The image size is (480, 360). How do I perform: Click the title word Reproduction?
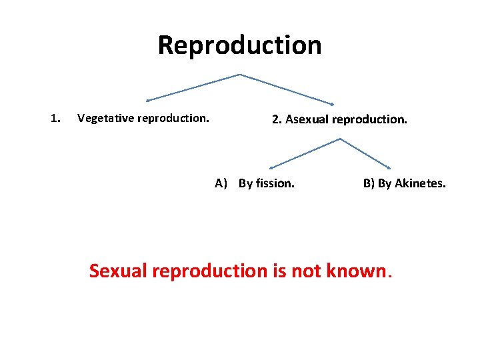[x=239, y=45]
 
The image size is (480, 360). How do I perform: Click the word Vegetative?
[x=103, y=119]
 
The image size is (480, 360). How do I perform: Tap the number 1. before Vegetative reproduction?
[x=56, y=119]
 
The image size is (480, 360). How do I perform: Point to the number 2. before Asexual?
[x=277, y=120]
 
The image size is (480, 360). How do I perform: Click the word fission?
[x=275, y=183]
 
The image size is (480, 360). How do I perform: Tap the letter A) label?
[x=221, y=183]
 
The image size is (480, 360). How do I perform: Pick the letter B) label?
[x=369, y=183]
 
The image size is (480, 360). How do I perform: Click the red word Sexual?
[x=118, y=271]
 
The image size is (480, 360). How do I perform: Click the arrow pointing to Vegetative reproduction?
[x=193, y=87]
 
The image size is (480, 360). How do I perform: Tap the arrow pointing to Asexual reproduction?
[x=287, y=89]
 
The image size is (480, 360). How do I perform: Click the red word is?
[x=279, y=271]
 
